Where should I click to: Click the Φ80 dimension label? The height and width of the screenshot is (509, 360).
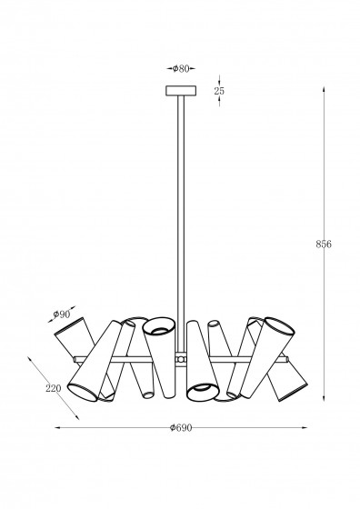[x=181, y=68]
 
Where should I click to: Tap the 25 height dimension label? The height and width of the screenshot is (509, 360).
[x=219, y=91]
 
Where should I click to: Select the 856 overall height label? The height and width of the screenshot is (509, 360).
[x=324, y=245]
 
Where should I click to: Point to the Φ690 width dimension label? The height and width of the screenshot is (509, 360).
[x=181, y=428]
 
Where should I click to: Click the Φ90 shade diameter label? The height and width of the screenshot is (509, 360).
[x=62, y=314]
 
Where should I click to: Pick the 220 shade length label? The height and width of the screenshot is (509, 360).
[x=54, y=388]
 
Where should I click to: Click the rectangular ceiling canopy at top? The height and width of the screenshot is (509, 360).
[x=181, y=91]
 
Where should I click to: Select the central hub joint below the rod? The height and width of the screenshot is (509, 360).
[x=181, y=359]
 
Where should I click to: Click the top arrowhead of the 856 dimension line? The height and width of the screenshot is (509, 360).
[x=324, y=89]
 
